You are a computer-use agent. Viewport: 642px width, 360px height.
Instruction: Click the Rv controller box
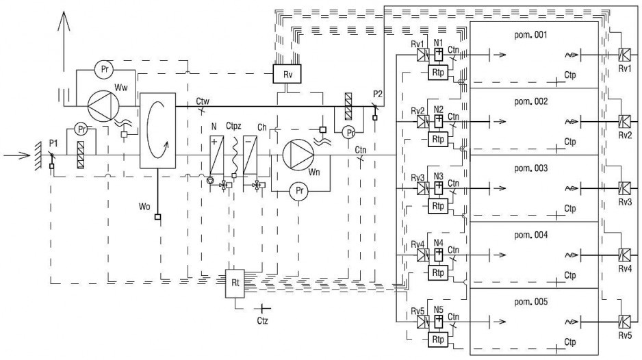point(287,74)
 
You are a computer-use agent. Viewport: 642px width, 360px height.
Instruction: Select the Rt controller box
point(235,283)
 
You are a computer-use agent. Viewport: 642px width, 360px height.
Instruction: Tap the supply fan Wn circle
point(298,155)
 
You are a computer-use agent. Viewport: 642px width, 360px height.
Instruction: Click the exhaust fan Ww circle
point(104,105)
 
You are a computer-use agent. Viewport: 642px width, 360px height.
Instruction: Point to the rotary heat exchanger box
point(157,131)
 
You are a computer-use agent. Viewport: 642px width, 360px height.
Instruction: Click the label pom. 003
point(530,168)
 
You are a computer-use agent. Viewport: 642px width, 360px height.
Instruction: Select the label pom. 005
point(530,302)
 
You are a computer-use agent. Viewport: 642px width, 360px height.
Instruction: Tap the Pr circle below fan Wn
point(300,191)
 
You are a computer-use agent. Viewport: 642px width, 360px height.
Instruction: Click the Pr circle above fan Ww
point(105,70)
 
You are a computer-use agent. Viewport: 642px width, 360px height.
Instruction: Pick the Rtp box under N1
point(437,73)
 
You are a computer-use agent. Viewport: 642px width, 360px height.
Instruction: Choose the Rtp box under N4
point(437,273)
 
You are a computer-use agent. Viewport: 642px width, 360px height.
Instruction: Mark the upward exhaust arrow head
point(64,21)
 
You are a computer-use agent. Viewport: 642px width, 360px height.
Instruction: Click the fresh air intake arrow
point(17,155)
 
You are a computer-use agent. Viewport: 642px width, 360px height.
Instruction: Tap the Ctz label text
point(262,321)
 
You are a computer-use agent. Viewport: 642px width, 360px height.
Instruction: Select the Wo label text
point(144,207)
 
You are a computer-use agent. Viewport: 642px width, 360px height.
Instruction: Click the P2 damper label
point(378,94)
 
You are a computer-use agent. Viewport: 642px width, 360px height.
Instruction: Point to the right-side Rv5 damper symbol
point(624,321)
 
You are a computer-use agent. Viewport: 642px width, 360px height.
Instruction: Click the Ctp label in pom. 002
point(570,142)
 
